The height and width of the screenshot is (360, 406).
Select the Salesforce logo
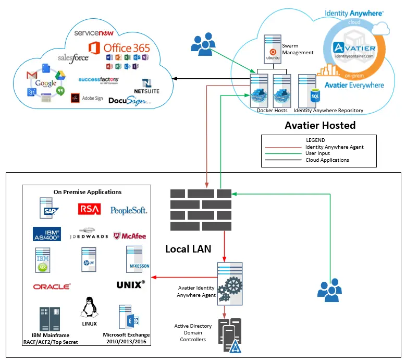point(73,58)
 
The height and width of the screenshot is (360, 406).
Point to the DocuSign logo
point(129,100)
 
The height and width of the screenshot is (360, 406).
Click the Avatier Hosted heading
point(320,125)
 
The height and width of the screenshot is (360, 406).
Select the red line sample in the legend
point(284,147)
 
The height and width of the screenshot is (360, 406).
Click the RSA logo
point(89,209)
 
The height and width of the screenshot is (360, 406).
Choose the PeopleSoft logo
point(129,210)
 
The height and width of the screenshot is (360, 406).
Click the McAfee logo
point(129,235)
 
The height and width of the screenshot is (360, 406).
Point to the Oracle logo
point(52,286)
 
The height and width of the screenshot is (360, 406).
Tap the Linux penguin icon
point(89,307)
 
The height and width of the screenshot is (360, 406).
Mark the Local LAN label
point(188,249)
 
